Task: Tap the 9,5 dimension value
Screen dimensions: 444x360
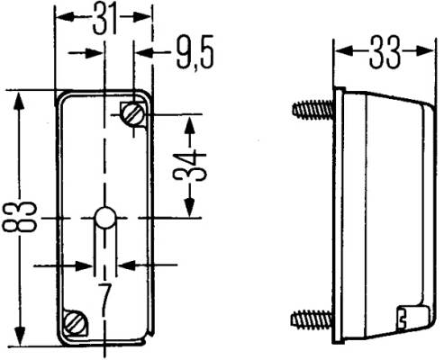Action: tap(195, 53)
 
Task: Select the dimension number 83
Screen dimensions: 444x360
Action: tap(19, 217)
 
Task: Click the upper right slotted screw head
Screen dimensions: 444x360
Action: tap(132, 114)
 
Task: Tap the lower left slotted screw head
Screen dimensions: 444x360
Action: tap(76, 322)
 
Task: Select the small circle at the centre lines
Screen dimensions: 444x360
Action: tap(105, 218)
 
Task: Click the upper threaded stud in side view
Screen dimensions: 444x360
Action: tap(313, 110)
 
